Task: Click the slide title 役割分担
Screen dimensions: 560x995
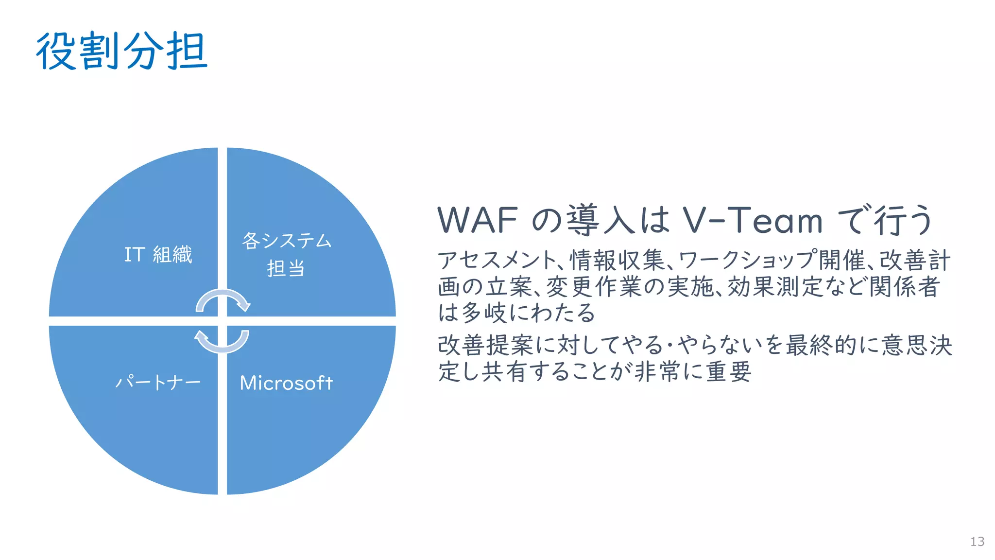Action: [x=121, y=51]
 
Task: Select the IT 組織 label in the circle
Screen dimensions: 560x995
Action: [x=158, y=255]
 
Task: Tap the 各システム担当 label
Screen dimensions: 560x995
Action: [x=287, y=254]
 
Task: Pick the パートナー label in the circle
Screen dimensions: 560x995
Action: [x=158, y=383]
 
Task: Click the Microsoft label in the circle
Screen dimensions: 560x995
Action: [x=287, y=383]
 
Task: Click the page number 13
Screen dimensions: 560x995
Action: [x=977, y=542]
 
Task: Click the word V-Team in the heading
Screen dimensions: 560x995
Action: [x=753, y=220]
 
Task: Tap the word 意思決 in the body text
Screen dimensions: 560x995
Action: [x=917, y=346]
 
